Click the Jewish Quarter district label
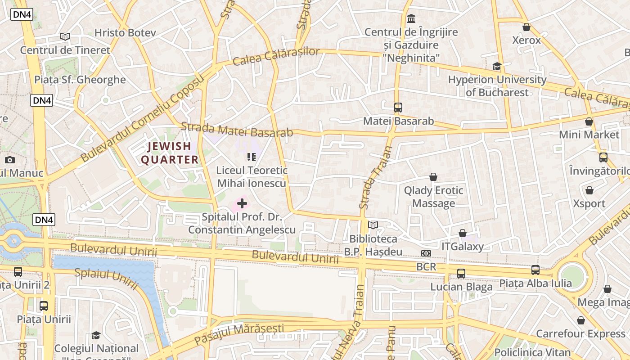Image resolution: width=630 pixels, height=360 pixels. click(x=170, y=153)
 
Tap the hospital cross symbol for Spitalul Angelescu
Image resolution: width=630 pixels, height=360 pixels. click(x=242, y=203)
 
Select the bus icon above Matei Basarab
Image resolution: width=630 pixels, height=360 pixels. click(x=398, y=108)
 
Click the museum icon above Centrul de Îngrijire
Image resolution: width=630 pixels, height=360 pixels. click(x=411, y=19)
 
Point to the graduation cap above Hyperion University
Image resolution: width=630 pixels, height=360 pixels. click(x=497, y=67)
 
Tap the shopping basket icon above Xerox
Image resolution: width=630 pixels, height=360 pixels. click(x=526, y=27)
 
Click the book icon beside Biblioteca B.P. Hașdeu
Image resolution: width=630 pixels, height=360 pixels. click(x=373, y=225)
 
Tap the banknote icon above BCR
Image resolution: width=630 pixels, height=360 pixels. click(x=426, y=253)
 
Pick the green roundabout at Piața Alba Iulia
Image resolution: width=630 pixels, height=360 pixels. click(x=572, y=275)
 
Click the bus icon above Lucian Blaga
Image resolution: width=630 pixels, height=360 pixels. click(x=461, y=273)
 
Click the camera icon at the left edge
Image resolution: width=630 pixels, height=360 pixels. click(x=9, y=160)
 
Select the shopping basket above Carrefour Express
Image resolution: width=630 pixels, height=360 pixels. click(x=580, y=320)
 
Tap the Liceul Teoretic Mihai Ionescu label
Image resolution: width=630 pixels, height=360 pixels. click(x=252, y=176)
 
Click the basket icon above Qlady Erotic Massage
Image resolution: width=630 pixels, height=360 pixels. click(x=433, y=177)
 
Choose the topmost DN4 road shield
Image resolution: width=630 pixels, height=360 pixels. click(x=22, y=14)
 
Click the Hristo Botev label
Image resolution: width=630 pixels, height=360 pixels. click(x=125, y=33)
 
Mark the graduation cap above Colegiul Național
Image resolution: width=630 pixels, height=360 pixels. click(x=96, y=335)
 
